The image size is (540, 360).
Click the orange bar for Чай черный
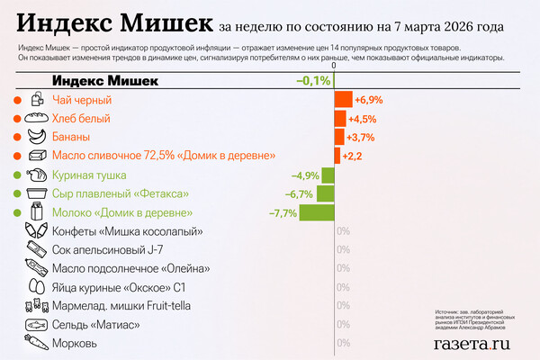[x=343, y=99]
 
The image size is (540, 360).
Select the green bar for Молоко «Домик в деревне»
[x=317, y=212]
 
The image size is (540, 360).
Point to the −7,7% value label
[x=283, y=212]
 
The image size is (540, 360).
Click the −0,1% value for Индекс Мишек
[x=312, y=81]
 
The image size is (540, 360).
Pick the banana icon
[x=36, y=137]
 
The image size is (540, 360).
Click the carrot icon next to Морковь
[x=36, y=343]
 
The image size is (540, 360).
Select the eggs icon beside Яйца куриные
[x=36, y=287]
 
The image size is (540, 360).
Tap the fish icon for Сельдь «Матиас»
[x=36, y=324]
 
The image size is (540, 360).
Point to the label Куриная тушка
[x=89, y=175]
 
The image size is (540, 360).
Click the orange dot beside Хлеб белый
[x=16, y=119]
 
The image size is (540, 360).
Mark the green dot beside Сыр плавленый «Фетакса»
[x=16, y=193]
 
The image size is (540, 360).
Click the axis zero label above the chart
[x=334, y=66]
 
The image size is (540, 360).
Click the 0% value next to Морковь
[x=343, y=343]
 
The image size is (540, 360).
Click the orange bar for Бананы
[x=339, y=137]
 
